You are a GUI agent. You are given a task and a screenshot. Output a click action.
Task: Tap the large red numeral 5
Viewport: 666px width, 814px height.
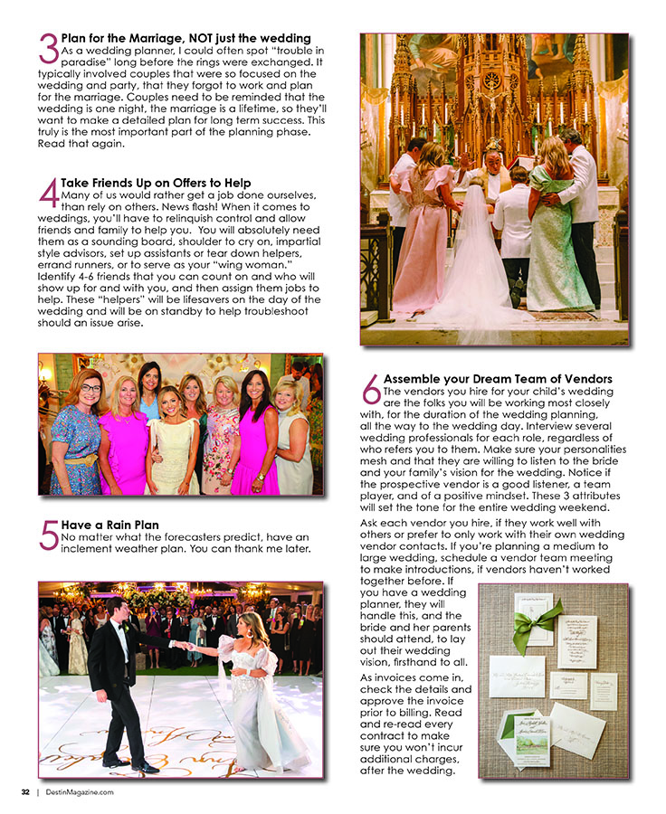pos(49,535)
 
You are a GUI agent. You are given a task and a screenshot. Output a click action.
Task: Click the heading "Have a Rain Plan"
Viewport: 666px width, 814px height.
pos(110,525)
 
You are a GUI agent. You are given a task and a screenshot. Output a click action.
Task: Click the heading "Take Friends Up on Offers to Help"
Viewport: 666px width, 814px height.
pos(157,183)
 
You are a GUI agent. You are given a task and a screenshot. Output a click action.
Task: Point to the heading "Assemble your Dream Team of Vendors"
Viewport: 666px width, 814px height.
pos(498,378)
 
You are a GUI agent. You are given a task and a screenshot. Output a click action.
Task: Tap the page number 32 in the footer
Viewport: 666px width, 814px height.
pos(25,792)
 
